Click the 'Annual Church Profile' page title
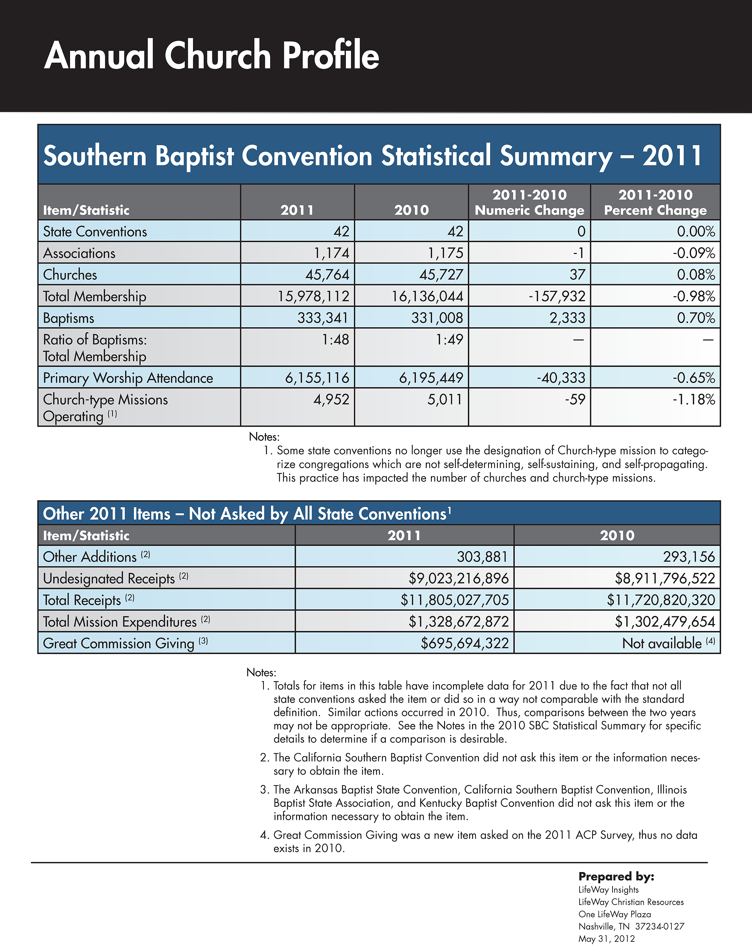[x=211, y=55]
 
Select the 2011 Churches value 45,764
[x=327, y=275]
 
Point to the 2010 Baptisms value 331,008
[x=437, y=318]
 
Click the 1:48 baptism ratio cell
[x=335, y=340]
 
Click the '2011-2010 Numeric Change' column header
[x=529, y=202]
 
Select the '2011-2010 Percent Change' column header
[x=655, y=202]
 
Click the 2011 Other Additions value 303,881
[x=482, y=557]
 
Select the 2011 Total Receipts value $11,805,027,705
[x=454, y=600]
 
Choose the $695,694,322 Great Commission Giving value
[x=465, y=643]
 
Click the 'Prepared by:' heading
[x=616, y=877]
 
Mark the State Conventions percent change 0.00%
[x=696, y=232]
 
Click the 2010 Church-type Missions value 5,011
[x=445, y=400]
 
